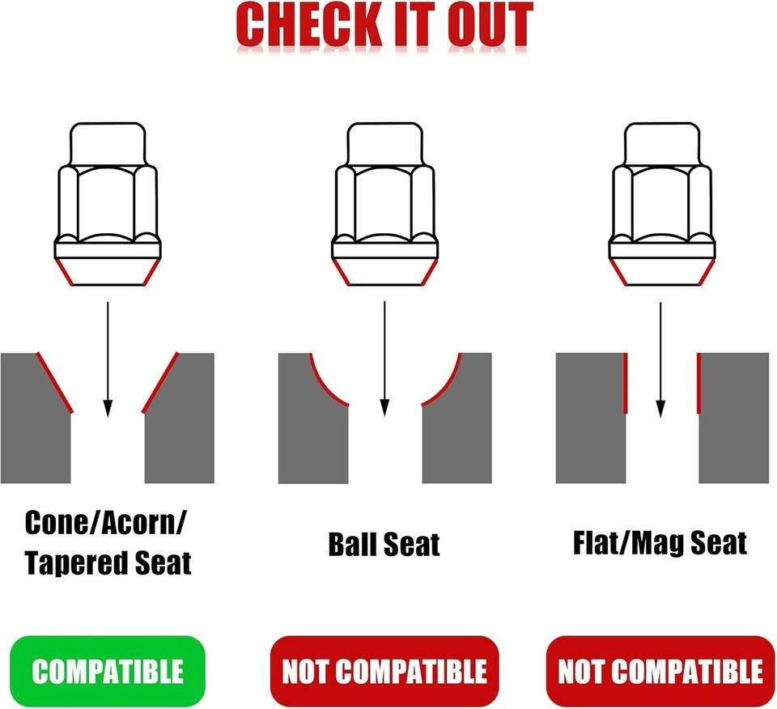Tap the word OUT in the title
490,25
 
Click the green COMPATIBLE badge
107,671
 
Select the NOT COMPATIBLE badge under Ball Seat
384,671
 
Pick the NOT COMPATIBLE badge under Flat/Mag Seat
660,671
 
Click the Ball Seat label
384,544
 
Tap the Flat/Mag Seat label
660,543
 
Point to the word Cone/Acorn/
106,523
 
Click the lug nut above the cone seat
108,204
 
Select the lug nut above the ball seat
384,204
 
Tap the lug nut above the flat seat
661,204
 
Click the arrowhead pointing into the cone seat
108,408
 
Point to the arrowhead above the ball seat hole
384,408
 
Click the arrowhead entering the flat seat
660,409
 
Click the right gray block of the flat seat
734,418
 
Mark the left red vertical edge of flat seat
626,383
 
